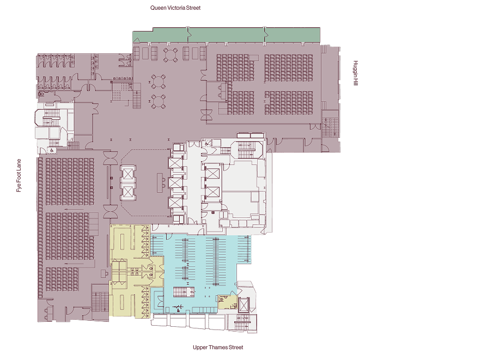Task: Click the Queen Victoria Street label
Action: (175, 8)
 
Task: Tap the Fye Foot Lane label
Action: (19, 175)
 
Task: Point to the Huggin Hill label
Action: (356, 73)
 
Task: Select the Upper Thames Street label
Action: (218, 347)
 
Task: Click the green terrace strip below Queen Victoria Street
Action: (226, 35)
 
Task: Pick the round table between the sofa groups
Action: (171, 54)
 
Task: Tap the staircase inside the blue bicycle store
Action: (184, 292)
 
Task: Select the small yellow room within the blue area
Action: (227, 302)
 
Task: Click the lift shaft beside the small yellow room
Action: (244, 304)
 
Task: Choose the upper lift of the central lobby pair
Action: (128, 174)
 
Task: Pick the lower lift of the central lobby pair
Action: (128, 192)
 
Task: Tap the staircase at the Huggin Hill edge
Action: (330, 127)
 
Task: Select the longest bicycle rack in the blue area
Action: (216, 261)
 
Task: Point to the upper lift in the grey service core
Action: (213, 174)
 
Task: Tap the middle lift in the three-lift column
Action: (175, 183)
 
